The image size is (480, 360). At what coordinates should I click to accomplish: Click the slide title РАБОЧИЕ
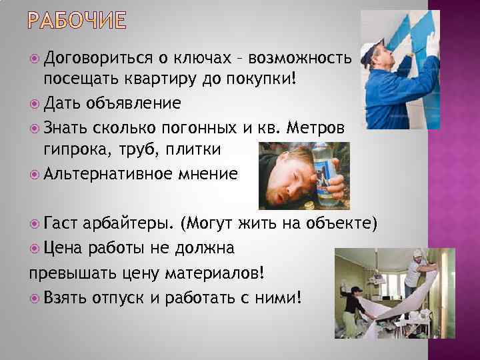[77, 21]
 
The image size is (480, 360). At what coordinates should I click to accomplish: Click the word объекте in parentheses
[341, 221]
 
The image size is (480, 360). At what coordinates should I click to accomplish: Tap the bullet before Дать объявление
[34, 103]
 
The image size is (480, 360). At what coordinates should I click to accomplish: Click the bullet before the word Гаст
[34, 221]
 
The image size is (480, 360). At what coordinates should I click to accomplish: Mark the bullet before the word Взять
[34, 296]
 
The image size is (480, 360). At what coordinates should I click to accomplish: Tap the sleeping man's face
[293, 172]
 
